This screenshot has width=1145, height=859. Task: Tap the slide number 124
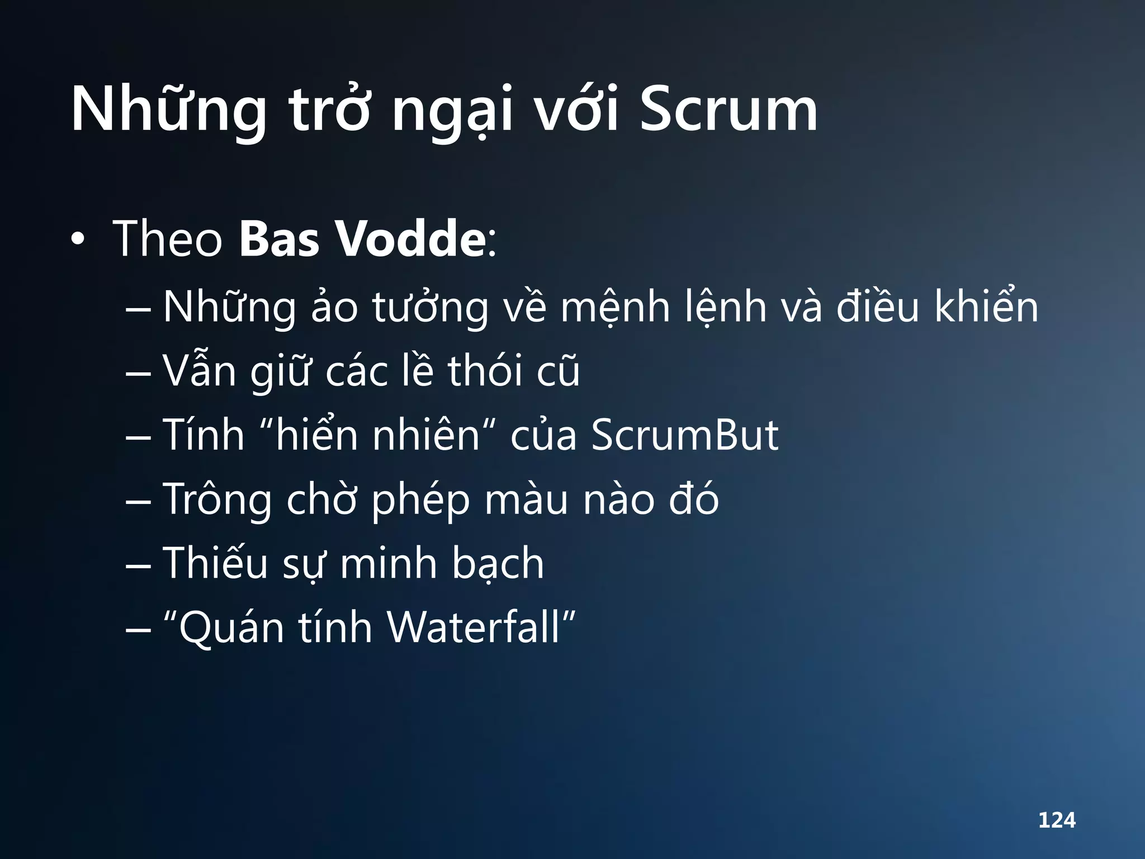point(1057,820)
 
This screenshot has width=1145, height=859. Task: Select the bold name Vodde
point(412,239)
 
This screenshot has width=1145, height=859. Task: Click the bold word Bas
point(278,239)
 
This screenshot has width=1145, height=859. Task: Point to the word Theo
point(168,239)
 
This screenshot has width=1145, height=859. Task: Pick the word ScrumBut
point(684,435)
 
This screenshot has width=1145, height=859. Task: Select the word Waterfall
point(474,627)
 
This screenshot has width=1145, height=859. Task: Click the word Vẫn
point(199,370)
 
